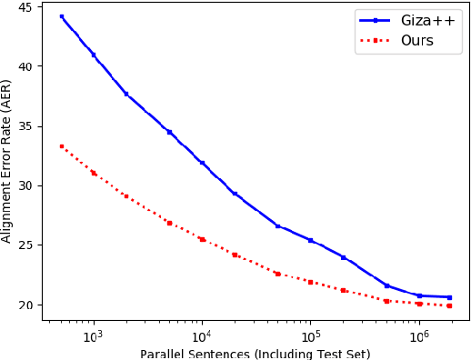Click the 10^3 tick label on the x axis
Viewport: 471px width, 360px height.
click(93, 335)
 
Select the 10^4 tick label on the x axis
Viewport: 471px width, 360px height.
click(201, 335)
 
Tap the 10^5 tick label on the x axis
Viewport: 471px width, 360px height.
click(310, 335)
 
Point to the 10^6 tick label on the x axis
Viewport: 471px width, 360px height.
click(418, 335)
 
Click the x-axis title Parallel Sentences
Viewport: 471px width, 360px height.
click(254, 353)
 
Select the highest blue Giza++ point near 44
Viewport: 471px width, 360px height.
click(61, 16)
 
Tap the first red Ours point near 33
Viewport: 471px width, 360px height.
click(61, 146)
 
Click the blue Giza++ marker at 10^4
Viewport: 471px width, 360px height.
click(202, 163)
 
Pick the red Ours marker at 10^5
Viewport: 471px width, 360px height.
click(310, 282)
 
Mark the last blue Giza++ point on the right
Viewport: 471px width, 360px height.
click(449, 297)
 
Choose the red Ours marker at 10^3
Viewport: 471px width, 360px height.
click(94, 173)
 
